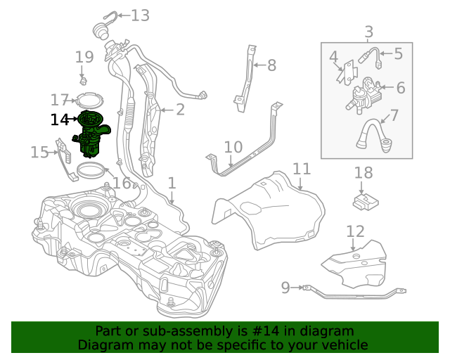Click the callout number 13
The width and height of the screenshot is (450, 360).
click(x=140, y=15)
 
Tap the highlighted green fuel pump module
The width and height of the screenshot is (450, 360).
click(x=89, y=134)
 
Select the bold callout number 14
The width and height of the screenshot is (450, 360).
click(x=60, y=120)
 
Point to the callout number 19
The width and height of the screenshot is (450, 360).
click(x=84, y=57)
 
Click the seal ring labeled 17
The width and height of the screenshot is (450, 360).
click(x=89, y=100)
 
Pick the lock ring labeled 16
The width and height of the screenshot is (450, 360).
click(x=91, y=169)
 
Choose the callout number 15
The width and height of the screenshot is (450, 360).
click(x=39, y=151)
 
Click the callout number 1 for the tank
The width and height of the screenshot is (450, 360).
click(x=172, y=183)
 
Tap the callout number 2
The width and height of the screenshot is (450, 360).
click(x=180, y=109)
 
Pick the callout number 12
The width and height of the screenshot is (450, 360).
click(x=356, y=231)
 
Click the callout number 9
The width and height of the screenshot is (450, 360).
click(x=285, y=287)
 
